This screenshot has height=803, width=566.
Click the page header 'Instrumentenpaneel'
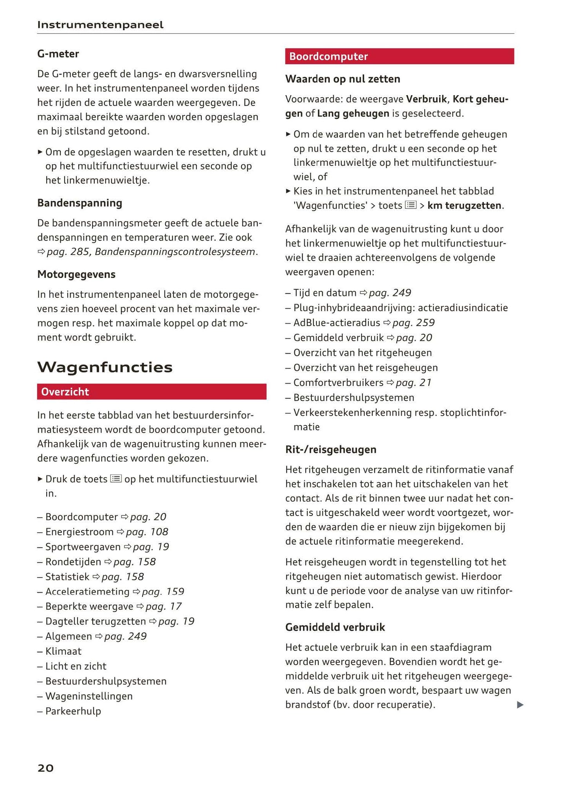point(100,25)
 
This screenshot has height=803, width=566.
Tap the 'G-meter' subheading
point(58,54)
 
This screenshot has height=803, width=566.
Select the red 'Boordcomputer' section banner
point(399,56)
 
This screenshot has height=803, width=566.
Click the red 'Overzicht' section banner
point(152,392)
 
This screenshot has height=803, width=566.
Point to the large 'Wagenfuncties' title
point(105,367)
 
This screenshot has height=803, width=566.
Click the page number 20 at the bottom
point(45,768)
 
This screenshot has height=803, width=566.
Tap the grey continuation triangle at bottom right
point(520,705)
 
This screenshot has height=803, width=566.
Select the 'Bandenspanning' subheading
point(80,203)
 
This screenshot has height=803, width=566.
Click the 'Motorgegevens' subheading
point(76,274)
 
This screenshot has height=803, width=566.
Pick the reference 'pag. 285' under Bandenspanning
point(68,252)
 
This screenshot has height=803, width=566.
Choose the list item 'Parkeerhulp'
point(73,711)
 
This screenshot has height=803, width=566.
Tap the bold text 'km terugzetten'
point(464,206)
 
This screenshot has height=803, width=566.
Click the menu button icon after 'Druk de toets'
point(116,479)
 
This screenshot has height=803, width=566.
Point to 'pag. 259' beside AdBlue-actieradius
point(414,323)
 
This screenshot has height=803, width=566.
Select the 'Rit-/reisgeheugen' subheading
point(331,449)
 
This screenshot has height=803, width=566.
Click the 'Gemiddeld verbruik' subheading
point(335,627)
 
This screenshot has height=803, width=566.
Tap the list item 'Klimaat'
point(63,651)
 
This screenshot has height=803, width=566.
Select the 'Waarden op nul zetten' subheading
point(343,79)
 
